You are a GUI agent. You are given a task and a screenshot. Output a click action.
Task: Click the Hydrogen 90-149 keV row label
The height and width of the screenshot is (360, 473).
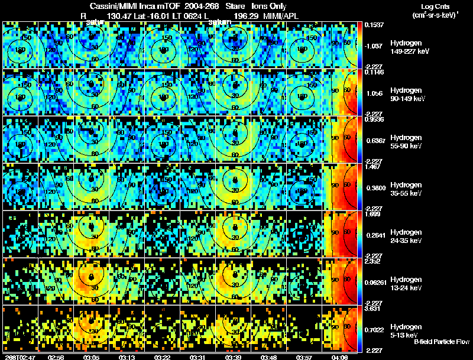[409, 95]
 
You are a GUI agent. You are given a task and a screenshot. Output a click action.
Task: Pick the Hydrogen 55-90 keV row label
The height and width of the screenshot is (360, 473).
[409, 142]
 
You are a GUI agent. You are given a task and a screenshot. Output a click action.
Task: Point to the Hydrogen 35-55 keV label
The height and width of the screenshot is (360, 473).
[409, 189]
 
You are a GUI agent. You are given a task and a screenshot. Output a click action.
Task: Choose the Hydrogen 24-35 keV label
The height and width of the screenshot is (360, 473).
[409, 236]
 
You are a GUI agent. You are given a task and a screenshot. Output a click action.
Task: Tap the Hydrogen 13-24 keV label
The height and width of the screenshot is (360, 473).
[409, 284]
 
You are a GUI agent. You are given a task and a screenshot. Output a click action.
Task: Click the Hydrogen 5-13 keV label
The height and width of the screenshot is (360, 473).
[409, 330]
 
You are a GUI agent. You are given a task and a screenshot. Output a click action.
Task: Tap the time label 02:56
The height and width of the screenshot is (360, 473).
[56, 357]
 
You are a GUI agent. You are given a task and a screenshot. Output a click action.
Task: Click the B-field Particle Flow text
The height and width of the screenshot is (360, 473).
[441, 342]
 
